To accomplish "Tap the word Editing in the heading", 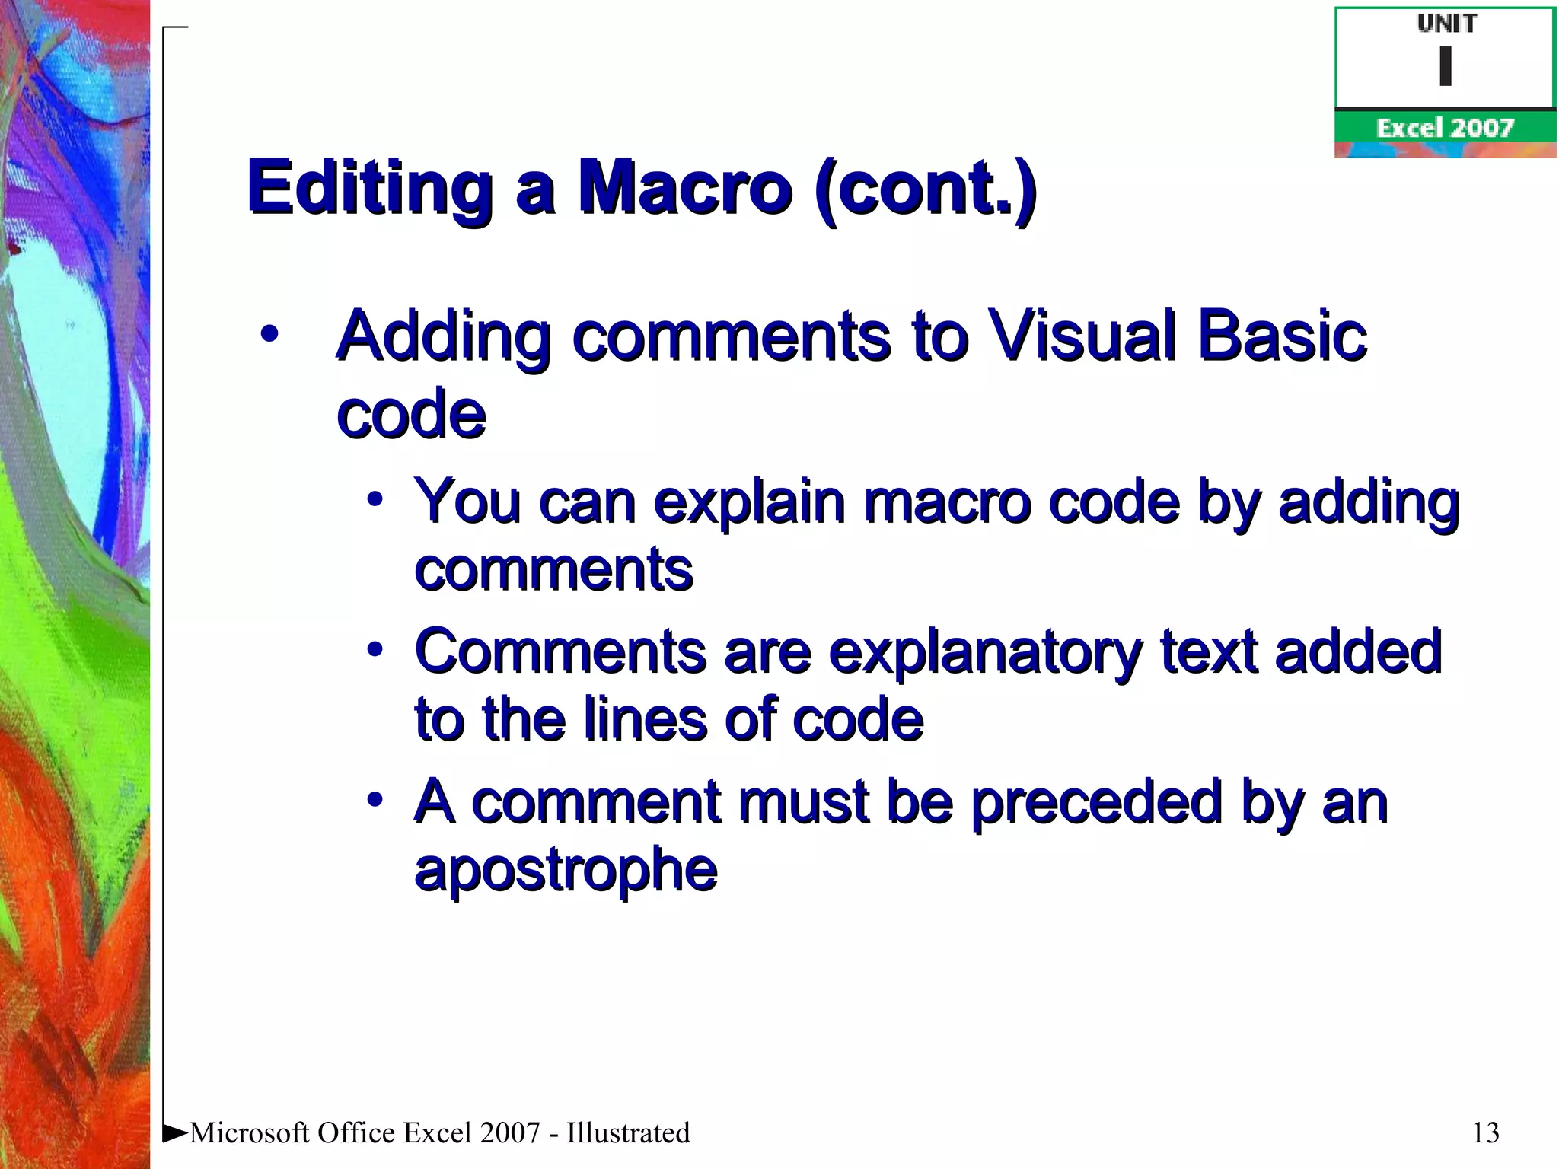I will tap(370, 187).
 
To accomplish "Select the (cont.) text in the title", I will tap(924, 189).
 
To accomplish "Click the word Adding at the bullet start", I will tap(443, 337).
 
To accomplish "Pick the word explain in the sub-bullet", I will tap(749, 502).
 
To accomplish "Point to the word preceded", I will tap(1097, 802).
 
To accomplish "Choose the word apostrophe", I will tap(566, 870).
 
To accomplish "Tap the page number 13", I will tap(1485, 1133).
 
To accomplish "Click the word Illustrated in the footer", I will tap(628, 1133).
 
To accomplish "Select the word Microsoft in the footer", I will tap(250, 1133).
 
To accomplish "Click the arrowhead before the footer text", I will tap(175, 1133).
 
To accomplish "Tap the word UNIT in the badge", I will tap(1446, 24).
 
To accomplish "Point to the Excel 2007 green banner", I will tap(1445, 128).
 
